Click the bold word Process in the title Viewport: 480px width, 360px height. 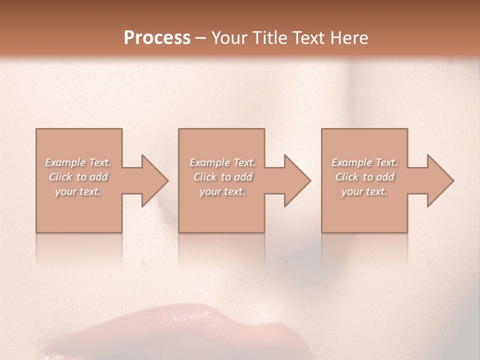point(157,38)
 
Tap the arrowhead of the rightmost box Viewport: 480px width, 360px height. point(439,180)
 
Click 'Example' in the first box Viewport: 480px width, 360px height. point(65,162)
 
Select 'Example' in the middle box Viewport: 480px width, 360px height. point(209,162)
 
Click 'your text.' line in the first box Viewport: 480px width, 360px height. point(78,191)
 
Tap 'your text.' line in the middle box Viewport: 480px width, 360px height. point(222,191)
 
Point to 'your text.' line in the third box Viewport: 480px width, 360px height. point(364,191)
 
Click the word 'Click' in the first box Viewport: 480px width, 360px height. point(60,177)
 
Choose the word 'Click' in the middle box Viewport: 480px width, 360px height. point(205,177)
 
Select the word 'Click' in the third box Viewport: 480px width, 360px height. point(347,177)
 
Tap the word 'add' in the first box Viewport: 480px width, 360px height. point(99,177)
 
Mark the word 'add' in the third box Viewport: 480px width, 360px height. point(385,177)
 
